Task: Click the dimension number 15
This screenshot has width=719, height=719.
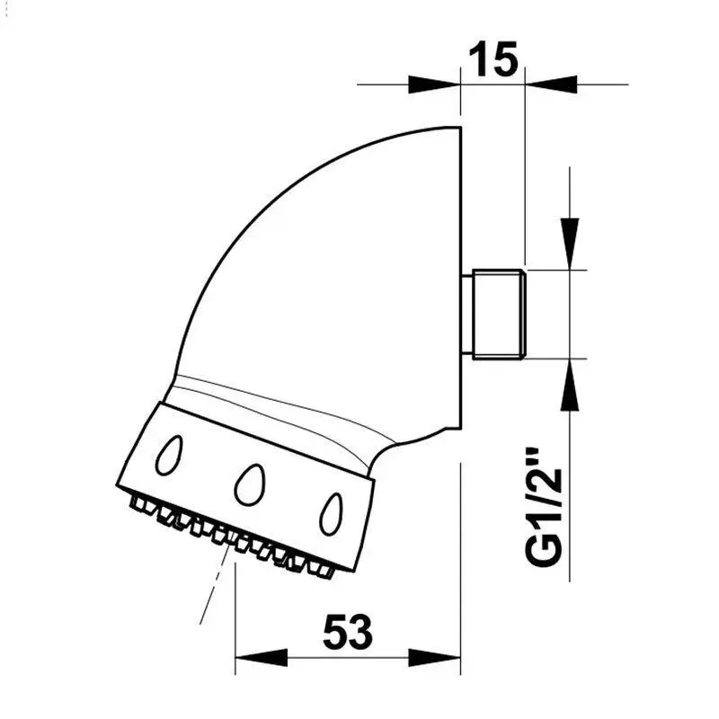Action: tap(493, 59)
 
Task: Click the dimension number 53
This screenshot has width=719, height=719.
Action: tap(348, 633)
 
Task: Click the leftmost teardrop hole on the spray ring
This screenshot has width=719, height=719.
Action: tap(169, 455)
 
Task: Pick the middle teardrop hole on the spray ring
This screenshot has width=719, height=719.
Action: tap(250, 484)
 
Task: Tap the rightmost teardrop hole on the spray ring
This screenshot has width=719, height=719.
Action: tap(331, 514)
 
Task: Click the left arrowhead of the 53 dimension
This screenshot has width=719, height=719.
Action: tap(261, 658)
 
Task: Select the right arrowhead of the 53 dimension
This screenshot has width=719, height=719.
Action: tap(435, 658)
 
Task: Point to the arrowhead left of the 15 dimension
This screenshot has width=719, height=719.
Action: tap(434, 84)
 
